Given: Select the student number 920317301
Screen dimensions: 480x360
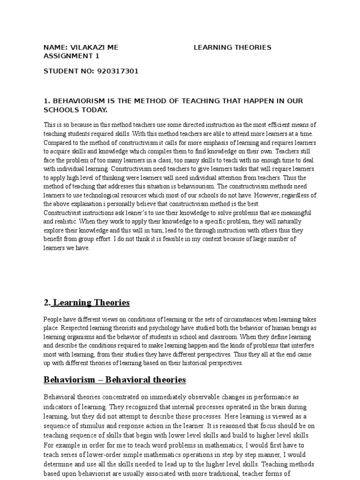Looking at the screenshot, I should (x=118, y=71).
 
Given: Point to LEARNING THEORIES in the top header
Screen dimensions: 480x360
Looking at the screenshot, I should (x=232, y=47).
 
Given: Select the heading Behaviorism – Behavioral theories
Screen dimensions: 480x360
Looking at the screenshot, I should (x=115, y=379).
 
